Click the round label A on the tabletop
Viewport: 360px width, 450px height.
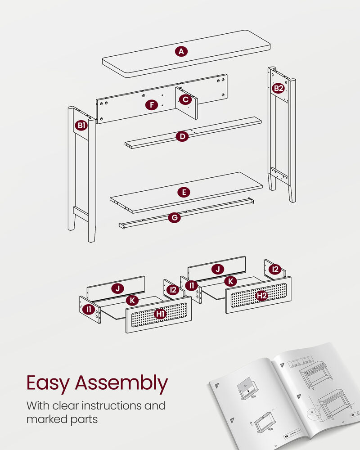(x=181, y=52)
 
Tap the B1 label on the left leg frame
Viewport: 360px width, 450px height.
(x=81, y=126)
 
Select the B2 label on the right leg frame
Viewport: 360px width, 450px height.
(x=279, y=88)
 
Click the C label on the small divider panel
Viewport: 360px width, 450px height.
(x=185, y=99)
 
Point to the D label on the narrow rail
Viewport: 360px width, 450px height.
(x=182, y=136)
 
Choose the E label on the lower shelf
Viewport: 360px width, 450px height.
(x=184, y=192)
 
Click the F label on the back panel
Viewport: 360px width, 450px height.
(x=152, y=105)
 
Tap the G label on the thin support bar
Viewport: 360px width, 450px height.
(x=174, y=218)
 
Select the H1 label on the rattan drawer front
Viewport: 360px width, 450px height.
(x=160, y=314)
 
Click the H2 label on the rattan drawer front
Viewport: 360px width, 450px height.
(x=261, y=296)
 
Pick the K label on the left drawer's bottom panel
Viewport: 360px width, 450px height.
(x=132, y=301)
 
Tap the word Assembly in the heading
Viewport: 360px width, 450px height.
(x=121, y=383)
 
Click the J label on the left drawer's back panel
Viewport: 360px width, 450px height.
(x=117, y=289)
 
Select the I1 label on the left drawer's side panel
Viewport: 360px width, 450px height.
(x=89, y=309)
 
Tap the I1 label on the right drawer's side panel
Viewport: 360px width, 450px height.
(x=191, y=286)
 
